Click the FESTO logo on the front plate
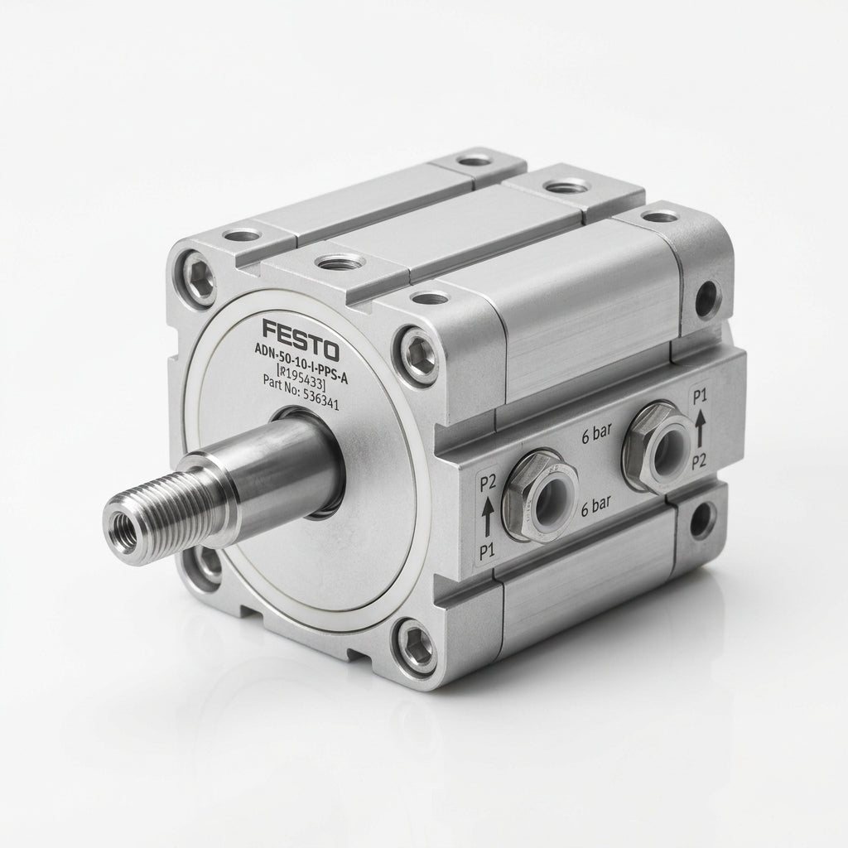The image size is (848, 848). (x=301, y=340)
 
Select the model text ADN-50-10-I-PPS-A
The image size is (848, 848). (x=301, y=365)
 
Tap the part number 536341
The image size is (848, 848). (x=316, y=398)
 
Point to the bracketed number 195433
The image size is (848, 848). (x=301, y=377)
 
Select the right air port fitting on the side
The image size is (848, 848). (x=658, y=447)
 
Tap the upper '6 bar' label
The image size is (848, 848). (x=596, y=432)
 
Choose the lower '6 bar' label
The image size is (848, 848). (x=595, y=507)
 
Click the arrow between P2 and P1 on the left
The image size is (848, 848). (x=487, y=517)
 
